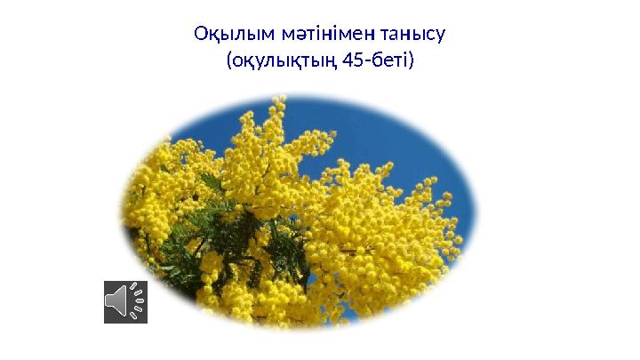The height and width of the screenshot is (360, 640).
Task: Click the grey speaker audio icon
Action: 125,301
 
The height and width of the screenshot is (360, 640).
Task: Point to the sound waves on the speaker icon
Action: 138,301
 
